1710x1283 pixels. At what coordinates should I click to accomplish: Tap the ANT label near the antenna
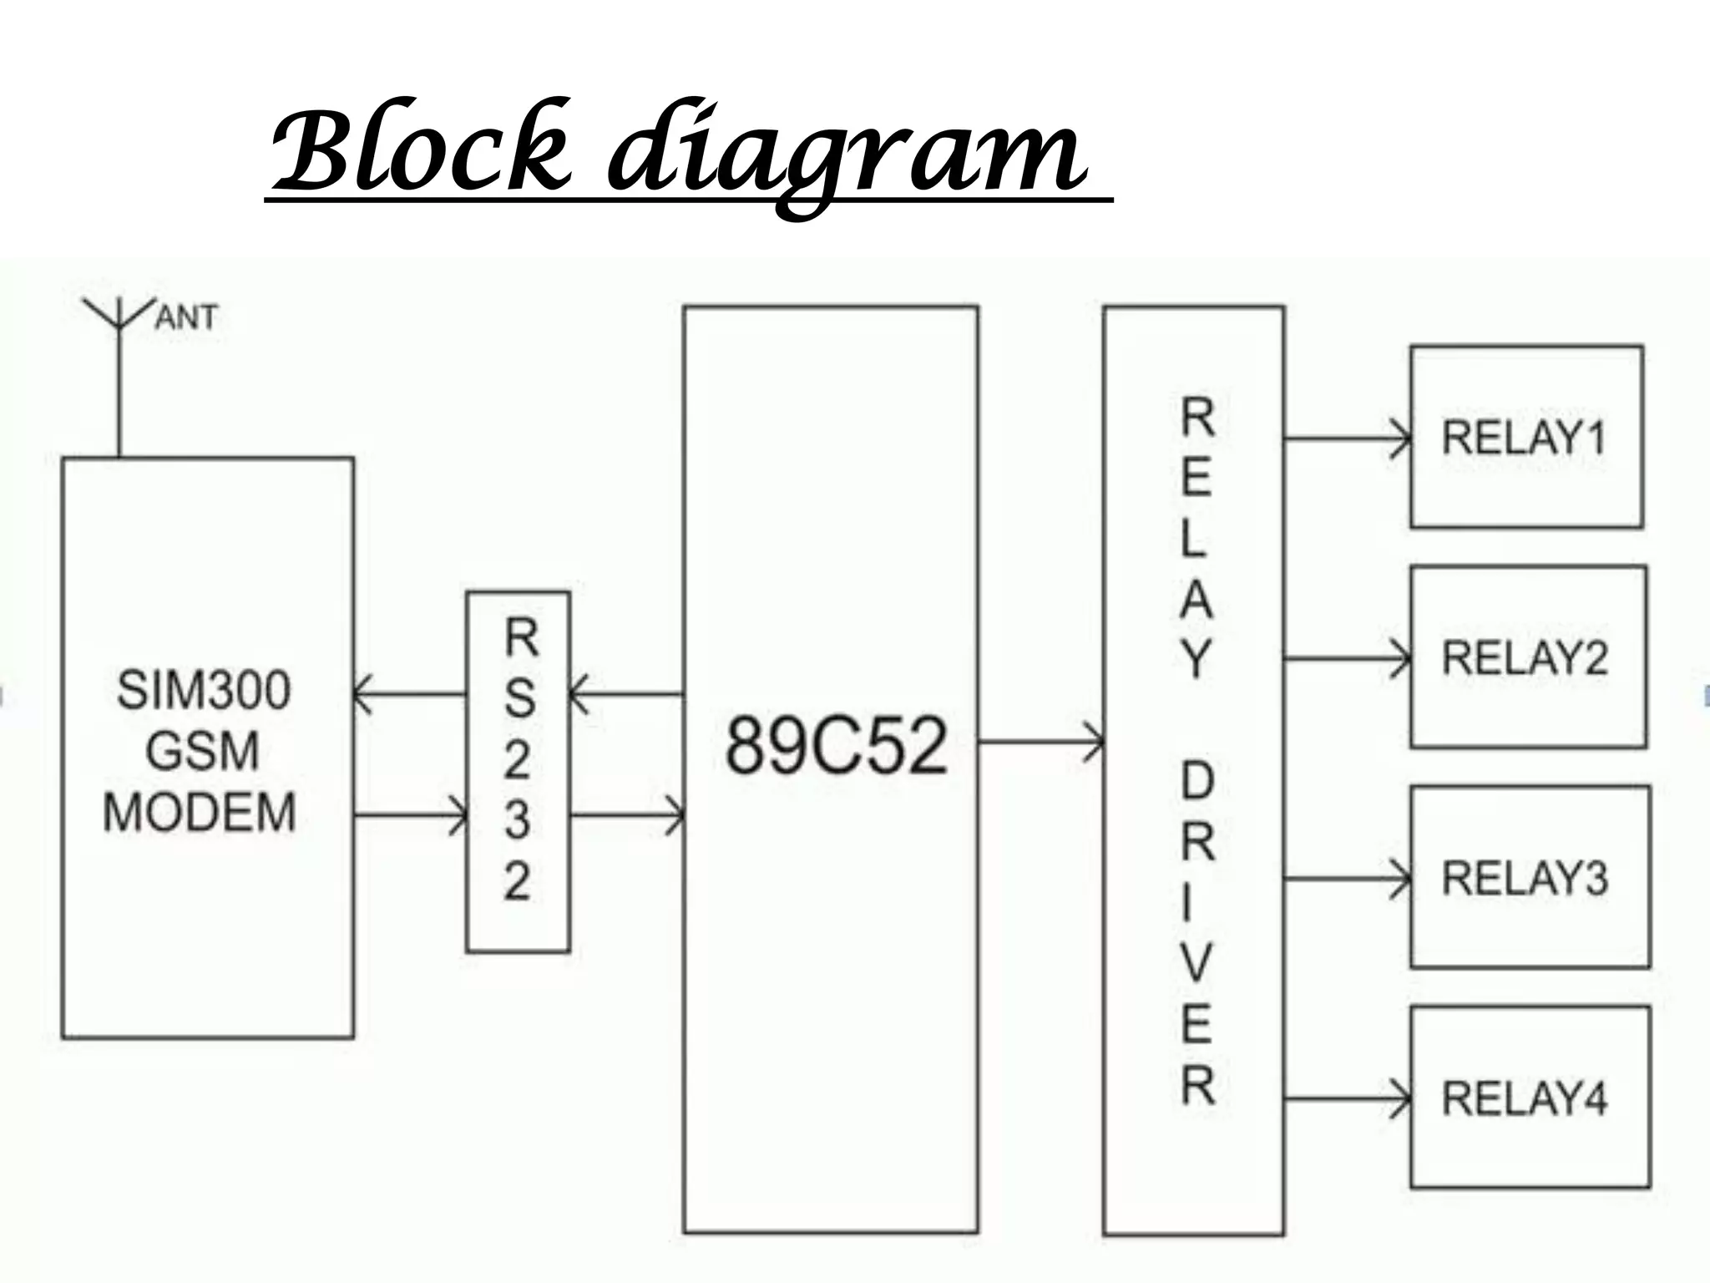point(185,318)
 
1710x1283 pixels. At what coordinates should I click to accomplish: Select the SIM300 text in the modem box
point(204,690)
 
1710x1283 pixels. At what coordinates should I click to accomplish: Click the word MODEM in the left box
point(200,811)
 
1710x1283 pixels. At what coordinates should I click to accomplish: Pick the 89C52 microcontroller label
point(837,745)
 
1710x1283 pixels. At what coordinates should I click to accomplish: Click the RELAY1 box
point(1526,437)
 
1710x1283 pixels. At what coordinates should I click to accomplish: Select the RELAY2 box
point(1527,657)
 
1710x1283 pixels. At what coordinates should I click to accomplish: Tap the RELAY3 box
point(1529,877)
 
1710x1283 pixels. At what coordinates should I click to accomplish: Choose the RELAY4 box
point(1530,1098)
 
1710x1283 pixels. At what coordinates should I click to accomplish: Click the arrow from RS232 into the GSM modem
point(409,693)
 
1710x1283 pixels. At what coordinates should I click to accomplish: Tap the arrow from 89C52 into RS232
point(626,693)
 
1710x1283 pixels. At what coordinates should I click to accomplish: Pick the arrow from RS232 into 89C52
point(627,814)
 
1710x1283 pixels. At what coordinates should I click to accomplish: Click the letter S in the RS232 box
point(519,697)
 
